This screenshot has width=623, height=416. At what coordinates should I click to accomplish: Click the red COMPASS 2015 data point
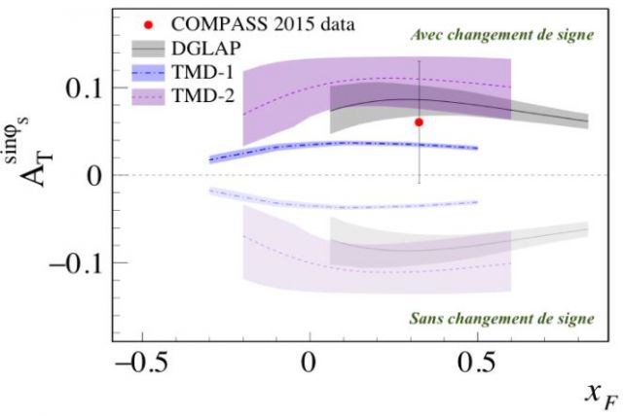click(x=419, y=122)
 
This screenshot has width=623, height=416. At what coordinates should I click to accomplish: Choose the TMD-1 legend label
click(x=204, y=71)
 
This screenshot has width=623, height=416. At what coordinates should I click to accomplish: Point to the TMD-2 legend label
click(x=204, y=94)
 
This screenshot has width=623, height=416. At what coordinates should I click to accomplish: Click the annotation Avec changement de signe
click(x=501, y=36)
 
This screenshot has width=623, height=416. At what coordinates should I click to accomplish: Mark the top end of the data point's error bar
click(x=419, y=61)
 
